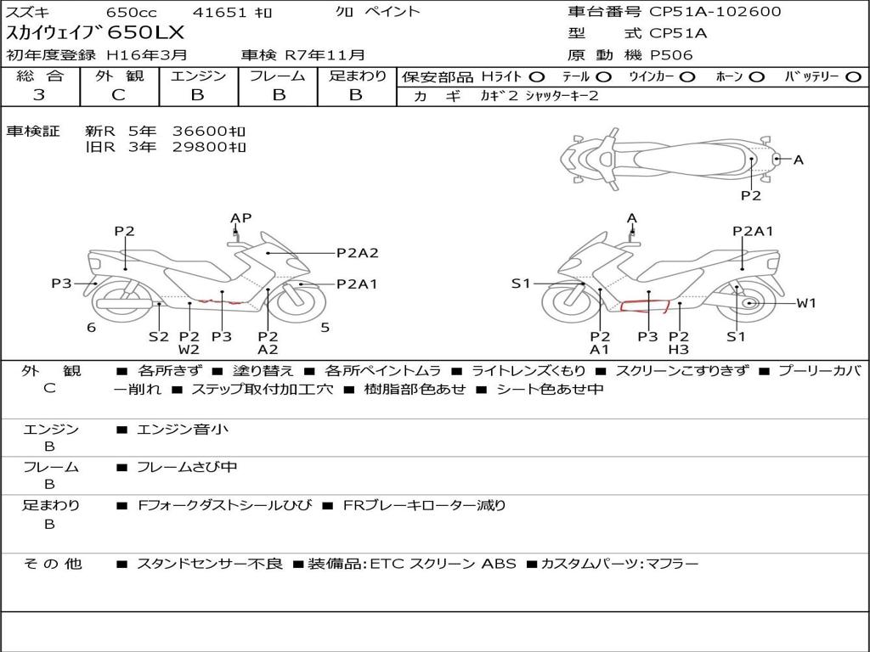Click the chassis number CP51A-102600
pos(715,12)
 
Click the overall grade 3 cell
pos(39,95)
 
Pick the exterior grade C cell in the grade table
pos(118,95)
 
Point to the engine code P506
pos(671,55)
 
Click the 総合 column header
pos(39,76)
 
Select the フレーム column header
pos(277,76)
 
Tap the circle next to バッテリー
pos(854,76)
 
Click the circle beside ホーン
pos(757,76)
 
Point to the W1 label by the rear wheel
pos(805,303)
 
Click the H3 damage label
pos(678,349)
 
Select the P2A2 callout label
pos(357,252)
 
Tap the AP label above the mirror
pos(241,218)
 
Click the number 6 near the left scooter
pos(91,327)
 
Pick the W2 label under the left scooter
pos(189,349)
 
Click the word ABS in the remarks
pos(499,563)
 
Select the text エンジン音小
pos(183,430)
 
